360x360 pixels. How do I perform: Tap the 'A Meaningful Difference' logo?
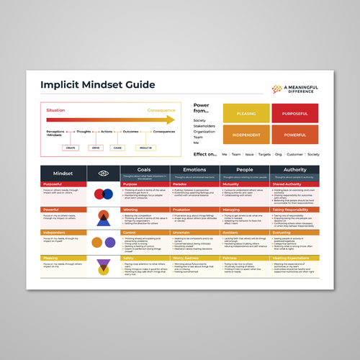tap(295, 88)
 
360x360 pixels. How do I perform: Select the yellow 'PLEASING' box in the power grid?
tap(243, 113)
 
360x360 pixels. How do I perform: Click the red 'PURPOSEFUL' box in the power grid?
tap(295, 113)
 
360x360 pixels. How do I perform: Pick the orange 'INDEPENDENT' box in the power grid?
tap(243, 135)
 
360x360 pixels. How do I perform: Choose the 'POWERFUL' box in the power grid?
tap(295, 135)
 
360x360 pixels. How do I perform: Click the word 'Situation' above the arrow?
tap(56, 110)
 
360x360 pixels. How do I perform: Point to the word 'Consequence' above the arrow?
tap(161, 110)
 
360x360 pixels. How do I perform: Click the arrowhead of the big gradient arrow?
tap(171, 120)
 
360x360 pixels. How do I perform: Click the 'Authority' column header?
tap(294, 171)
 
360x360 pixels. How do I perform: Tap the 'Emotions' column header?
tap(194, 171)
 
